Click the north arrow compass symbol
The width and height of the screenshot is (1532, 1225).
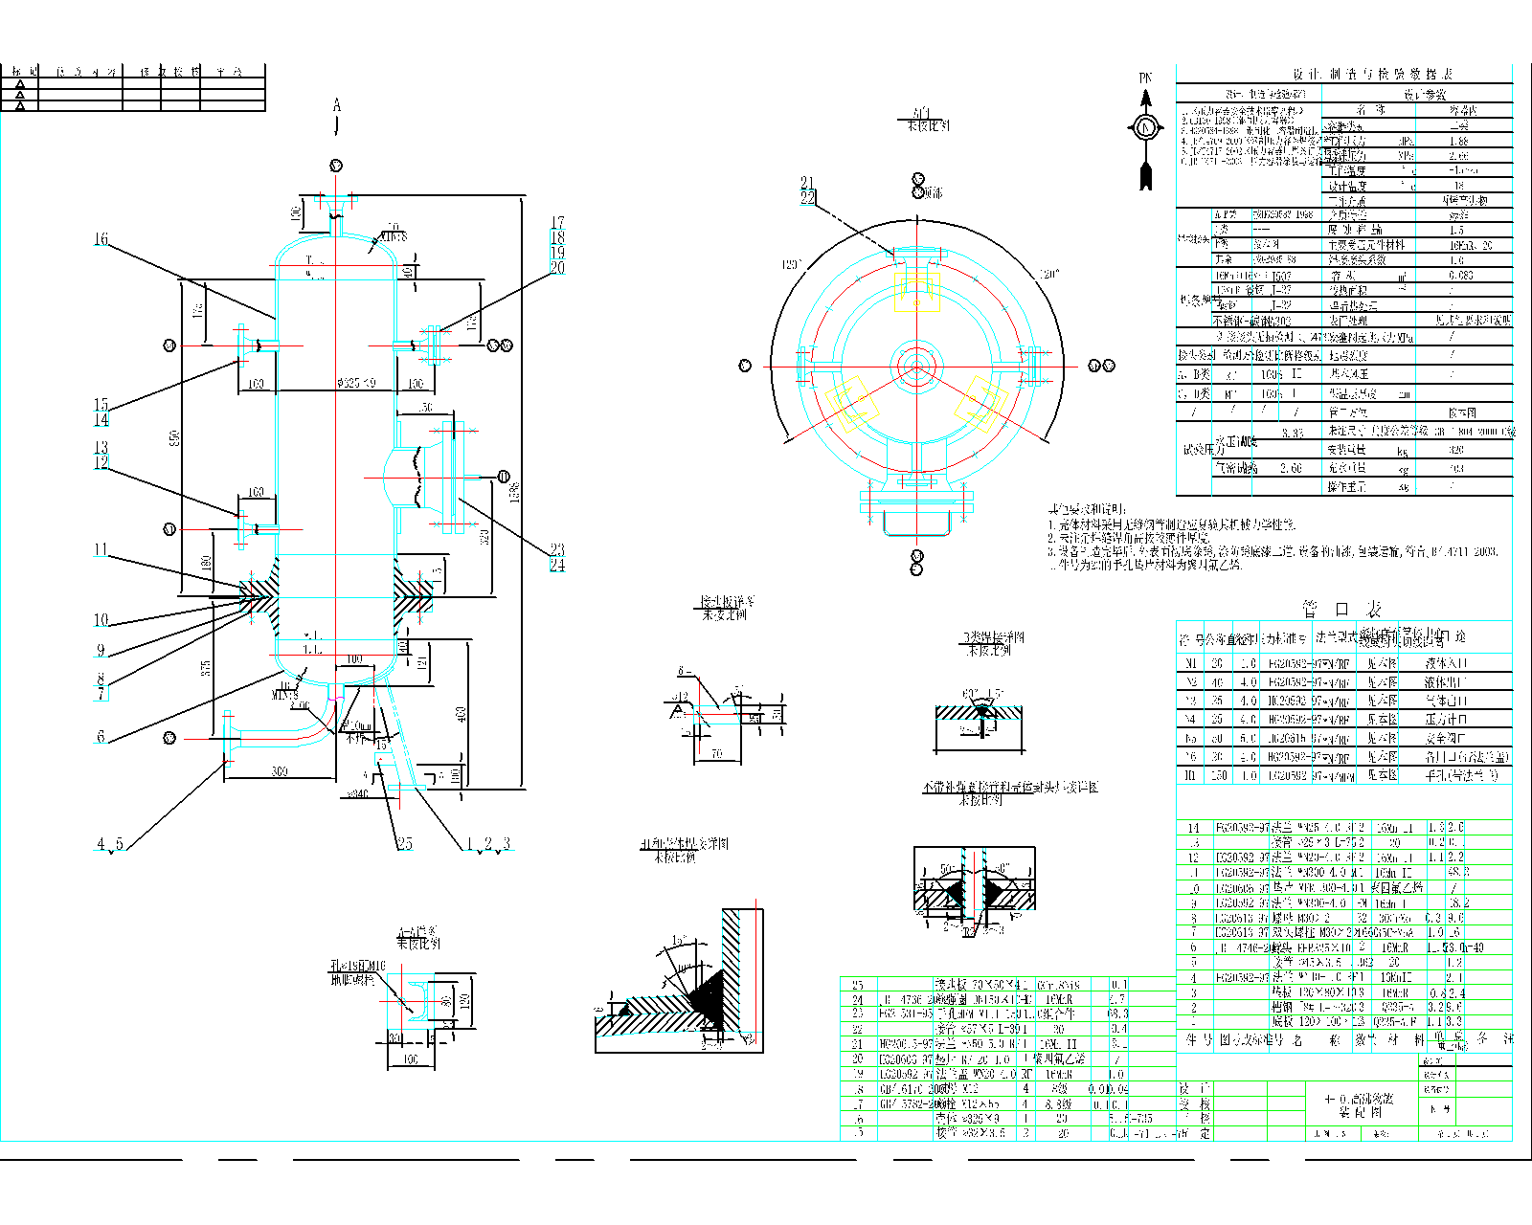click(1145, 126)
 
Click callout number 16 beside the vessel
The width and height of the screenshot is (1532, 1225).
click(101, 239)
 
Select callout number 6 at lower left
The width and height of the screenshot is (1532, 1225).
click(101, 736)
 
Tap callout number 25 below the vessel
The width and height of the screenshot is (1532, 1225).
click(405, 843)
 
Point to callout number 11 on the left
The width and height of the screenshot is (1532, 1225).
click(101, 549)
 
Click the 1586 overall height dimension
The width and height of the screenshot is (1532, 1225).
click(514, 493)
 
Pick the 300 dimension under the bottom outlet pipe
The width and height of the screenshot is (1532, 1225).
click(279, 771)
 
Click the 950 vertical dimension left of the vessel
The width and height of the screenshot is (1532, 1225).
click(174, 437)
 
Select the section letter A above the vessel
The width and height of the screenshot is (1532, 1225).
click(336, 105)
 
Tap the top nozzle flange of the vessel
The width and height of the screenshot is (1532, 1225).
click(335, 199)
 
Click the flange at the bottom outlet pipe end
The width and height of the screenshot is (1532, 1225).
click(228, 739)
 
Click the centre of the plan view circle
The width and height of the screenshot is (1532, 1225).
click(916, 366)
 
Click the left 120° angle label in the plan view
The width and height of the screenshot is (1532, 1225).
click(792, 264)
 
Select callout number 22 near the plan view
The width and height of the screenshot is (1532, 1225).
click(807, 197)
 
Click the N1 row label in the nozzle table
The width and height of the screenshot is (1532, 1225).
click(1190, 663)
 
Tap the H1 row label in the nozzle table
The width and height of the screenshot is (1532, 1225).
click(1190, 775)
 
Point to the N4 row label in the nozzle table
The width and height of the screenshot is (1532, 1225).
click(1190, 719)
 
